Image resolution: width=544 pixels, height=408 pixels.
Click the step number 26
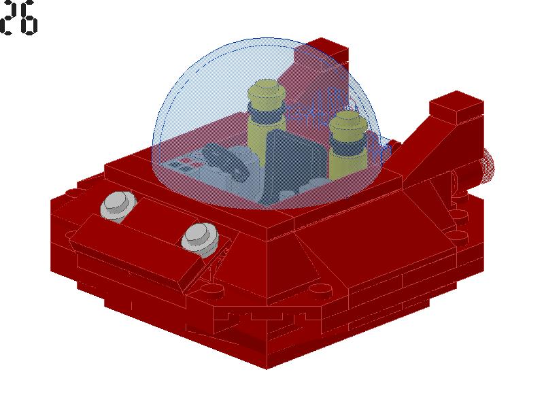(18, 18)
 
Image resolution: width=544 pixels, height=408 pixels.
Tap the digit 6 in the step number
(29, 18)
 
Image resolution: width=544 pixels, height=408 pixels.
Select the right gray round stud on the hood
(201, 239)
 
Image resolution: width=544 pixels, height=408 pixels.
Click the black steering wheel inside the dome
(225, 162)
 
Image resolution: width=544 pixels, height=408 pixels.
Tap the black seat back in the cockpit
(295, 163)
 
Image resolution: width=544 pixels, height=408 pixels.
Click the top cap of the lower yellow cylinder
(348, 122)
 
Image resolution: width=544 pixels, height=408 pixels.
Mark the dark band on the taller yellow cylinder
(266, 112)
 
